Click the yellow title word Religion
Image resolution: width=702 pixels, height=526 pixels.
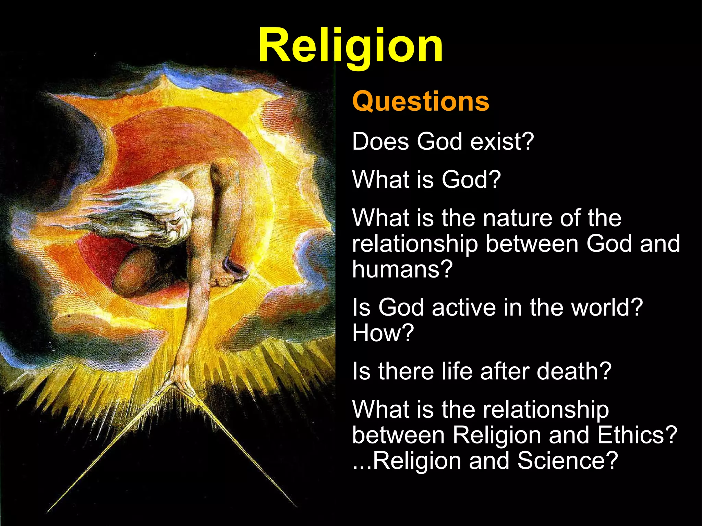point(350,46)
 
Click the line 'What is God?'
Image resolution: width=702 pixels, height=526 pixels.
point(426,179)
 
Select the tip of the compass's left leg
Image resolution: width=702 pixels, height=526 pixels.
point(48,512)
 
